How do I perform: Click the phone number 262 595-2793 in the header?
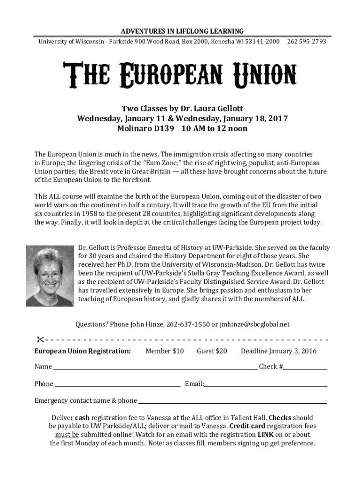307,42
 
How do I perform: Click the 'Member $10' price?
165,351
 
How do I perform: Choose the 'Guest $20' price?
212,351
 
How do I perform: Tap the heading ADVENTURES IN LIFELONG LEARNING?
182,31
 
